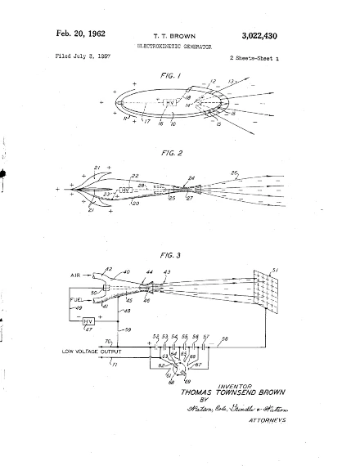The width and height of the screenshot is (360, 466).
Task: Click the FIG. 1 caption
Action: [176, 74]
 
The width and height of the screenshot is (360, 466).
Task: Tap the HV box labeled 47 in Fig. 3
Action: [88, 321]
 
